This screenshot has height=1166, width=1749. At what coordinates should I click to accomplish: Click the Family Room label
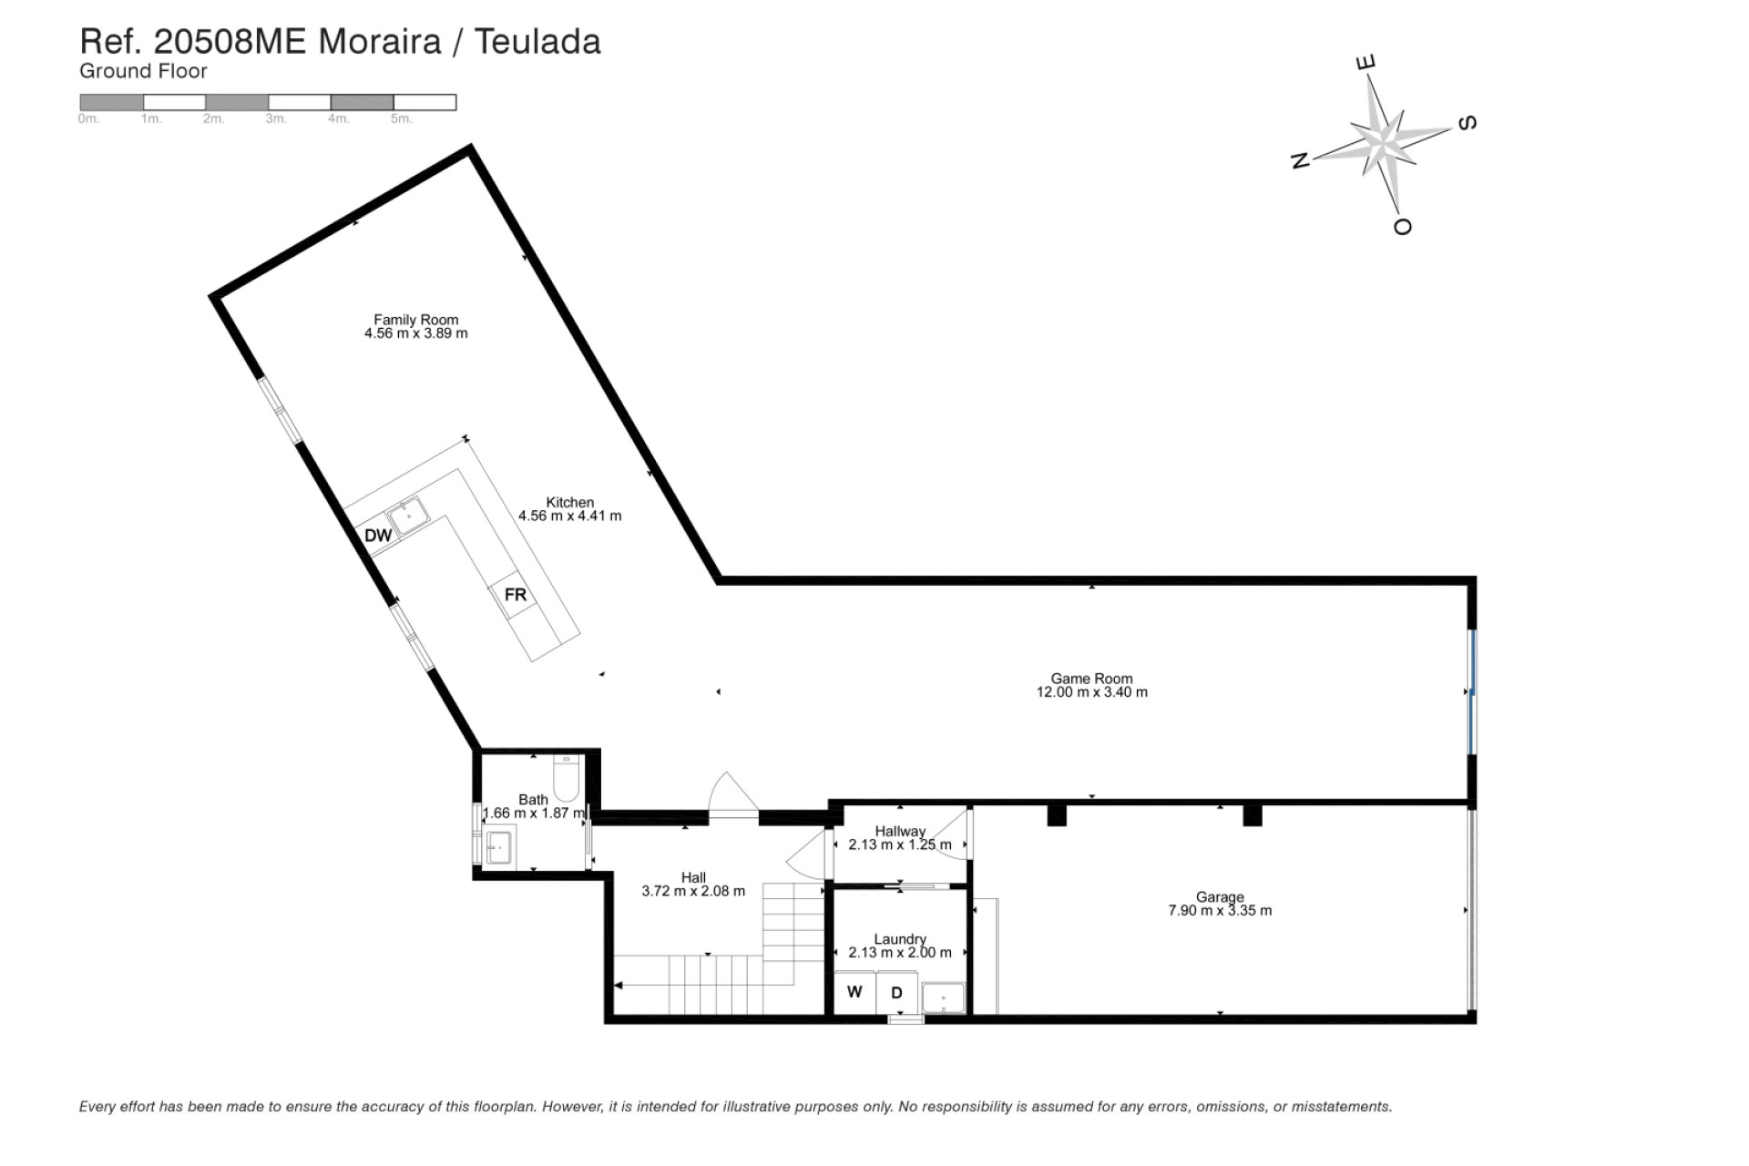(415, 320)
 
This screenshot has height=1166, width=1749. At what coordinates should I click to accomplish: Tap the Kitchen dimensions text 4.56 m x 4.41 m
(569, 516)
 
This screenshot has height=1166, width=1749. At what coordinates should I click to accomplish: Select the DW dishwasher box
(377, 535)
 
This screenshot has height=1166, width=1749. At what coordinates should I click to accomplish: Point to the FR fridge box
(515, 595)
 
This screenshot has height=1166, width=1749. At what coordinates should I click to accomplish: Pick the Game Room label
(1091, 678)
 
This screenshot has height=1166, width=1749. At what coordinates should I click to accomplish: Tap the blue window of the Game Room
(1471, 691)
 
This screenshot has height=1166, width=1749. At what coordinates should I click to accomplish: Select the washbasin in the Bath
(499, 846)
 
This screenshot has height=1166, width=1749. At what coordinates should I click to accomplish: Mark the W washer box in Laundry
(854, 992)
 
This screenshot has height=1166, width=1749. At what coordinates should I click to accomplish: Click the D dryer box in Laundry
(896, 993)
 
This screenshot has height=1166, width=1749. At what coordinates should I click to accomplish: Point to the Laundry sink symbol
(943, 998)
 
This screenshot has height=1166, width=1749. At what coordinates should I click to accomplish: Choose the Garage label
(1220, 896)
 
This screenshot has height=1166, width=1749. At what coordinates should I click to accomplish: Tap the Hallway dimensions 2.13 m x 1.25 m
(899, 844)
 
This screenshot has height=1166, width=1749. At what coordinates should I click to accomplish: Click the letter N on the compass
(1300, 160)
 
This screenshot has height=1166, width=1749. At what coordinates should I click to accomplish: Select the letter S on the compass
(1467, 123)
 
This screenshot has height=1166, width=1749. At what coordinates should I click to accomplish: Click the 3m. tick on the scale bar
(276, 119)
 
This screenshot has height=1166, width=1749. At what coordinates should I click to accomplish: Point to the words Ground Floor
(143, 71)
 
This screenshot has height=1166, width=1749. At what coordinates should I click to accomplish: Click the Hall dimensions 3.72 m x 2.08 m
(692, 891)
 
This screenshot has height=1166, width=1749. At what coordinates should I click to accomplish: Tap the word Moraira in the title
(379, 42)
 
